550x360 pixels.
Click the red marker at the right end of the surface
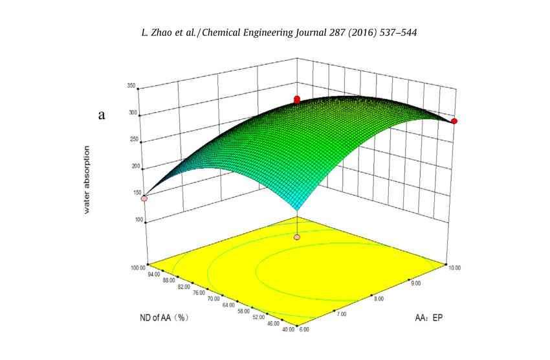coord(454,121)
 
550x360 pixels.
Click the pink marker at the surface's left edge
coord(144,198)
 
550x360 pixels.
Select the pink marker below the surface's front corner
coord(297,238)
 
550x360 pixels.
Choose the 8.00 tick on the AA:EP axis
coord(379,298)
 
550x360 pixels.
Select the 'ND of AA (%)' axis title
coord(165,317)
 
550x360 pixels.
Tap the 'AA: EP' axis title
coord(429,317)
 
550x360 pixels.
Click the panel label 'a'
coord(102,116)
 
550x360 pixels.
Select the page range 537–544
coord(392,32)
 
